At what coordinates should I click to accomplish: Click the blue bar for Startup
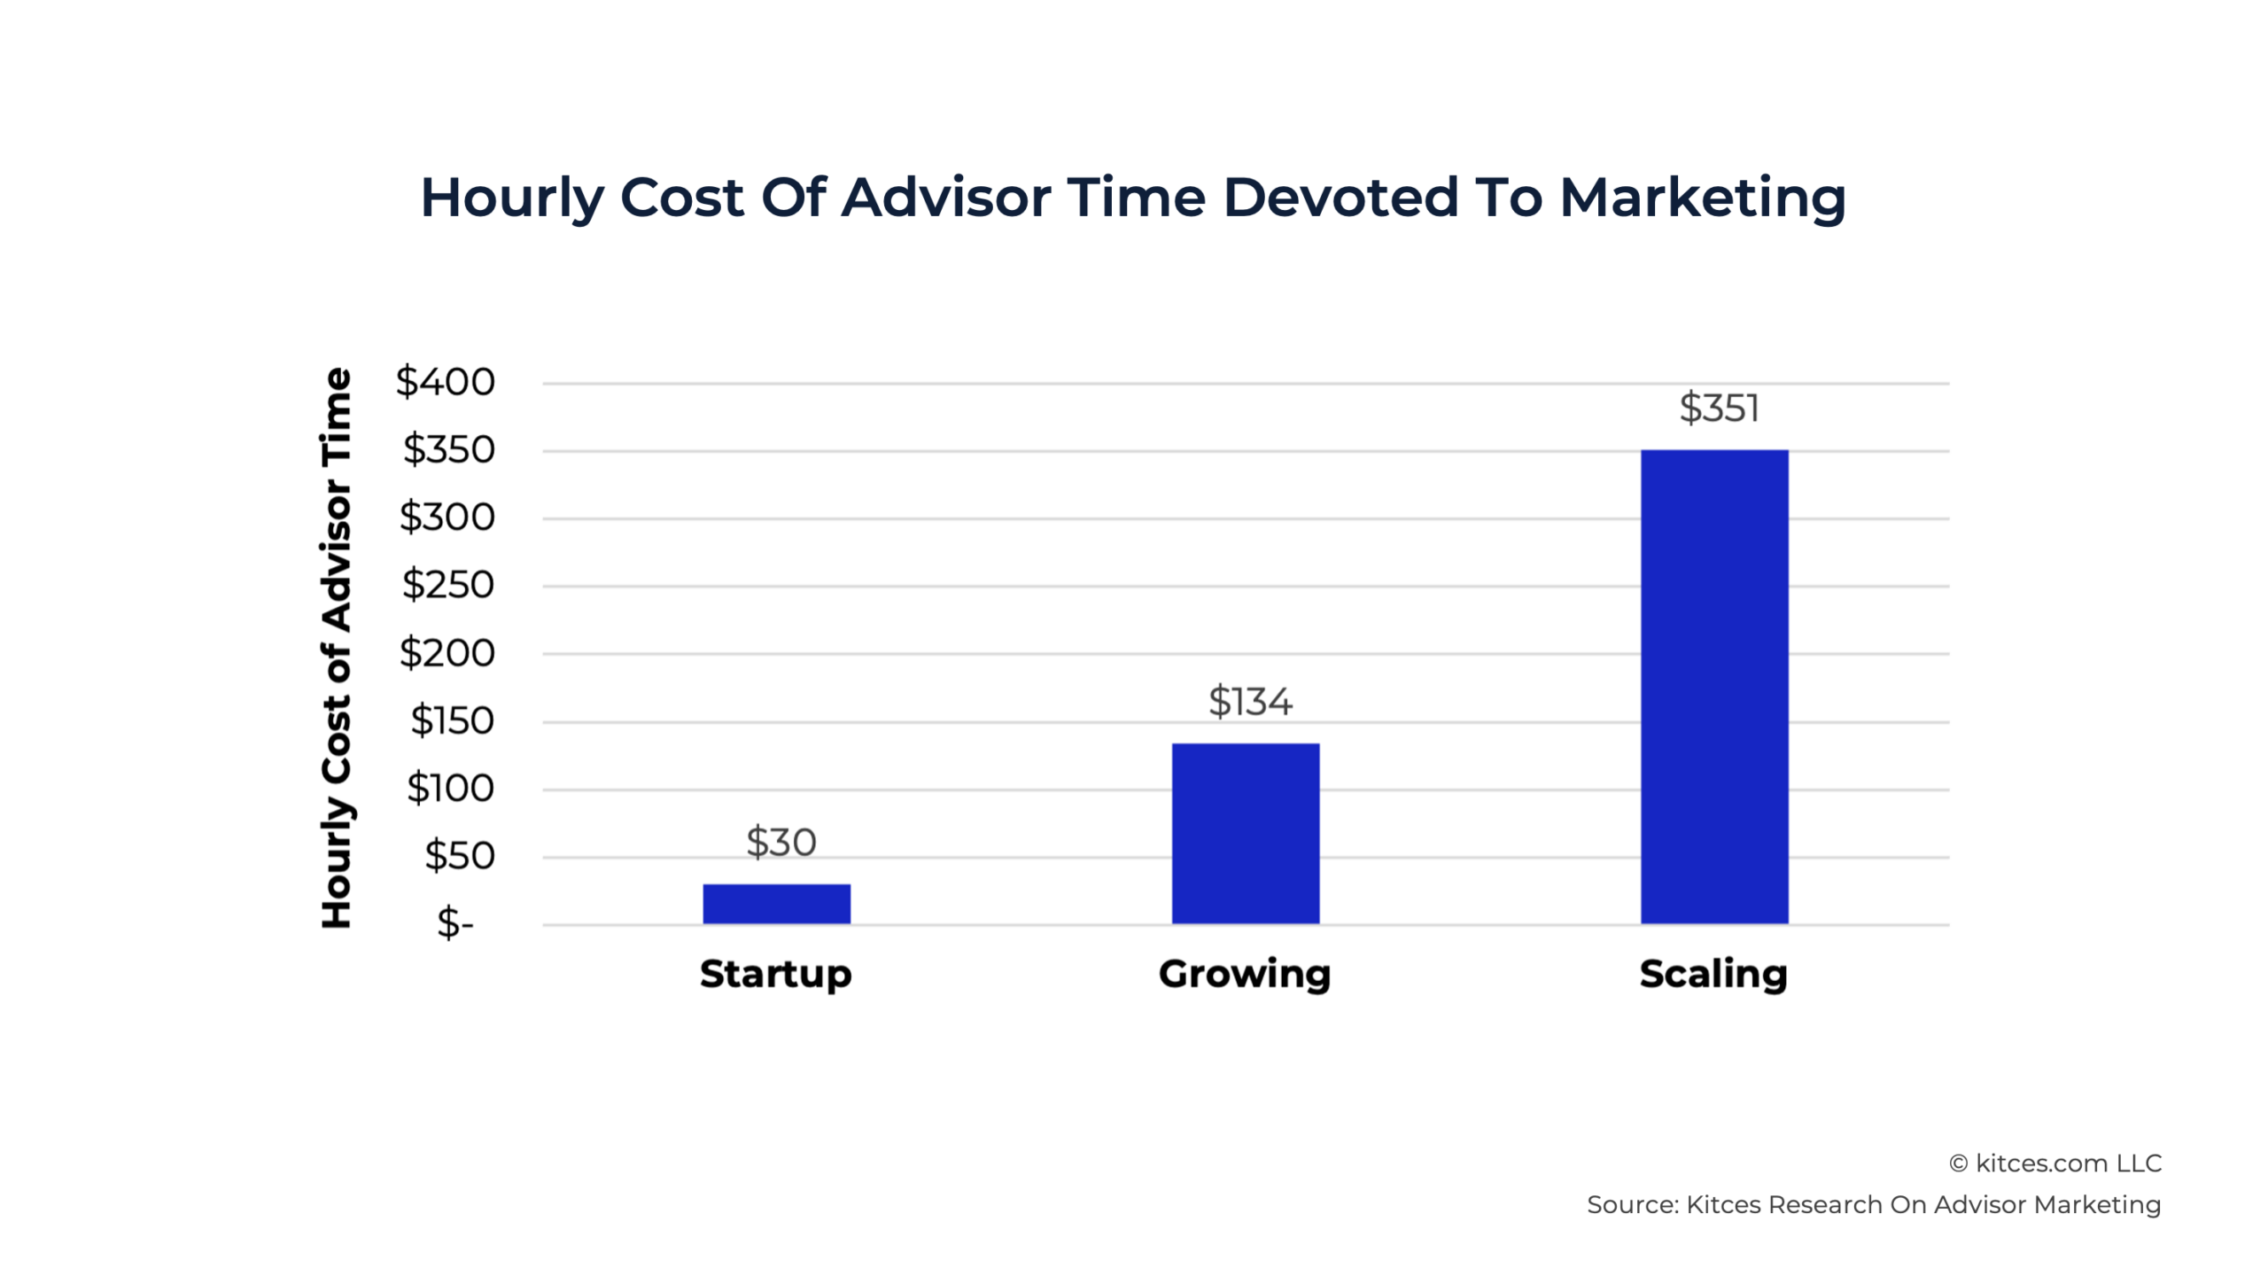click(776, 904)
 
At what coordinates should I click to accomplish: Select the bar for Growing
click(1245, 833)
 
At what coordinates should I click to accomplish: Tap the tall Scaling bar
click(1713, 687)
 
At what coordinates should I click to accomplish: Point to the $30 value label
click(781, 842)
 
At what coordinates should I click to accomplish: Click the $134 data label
click(1250, 702)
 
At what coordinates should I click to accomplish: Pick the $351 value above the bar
click(1719, 408)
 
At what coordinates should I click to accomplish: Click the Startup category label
click(775, 974)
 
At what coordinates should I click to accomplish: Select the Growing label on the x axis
click(1244, 974)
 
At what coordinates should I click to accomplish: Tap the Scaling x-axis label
click(1713, 974)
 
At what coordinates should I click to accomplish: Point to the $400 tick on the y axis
click(445, 382)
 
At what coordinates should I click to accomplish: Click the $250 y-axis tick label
click(447, 585)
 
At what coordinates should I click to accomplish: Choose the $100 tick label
click(450, 788)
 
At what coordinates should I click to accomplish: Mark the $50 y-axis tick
click(459, 856)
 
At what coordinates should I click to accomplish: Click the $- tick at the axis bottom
click(455, 922)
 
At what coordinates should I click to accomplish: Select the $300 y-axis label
click(447, 517)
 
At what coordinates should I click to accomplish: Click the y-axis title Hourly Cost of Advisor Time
click(337, 649)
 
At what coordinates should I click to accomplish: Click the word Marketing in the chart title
click(1702, 197)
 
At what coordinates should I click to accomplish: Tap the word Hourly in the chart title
click(511, 197)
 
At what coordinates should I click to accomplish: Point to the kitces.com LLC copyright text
click(2054, 1163)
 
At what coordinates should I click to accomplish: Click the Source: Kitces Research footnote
click(1873, 1205)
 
